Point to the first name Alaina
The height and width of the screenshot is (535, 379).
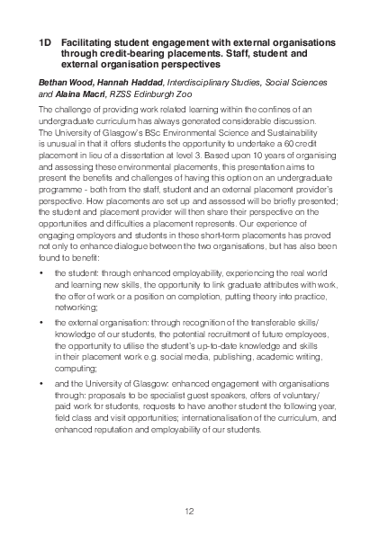click(74, 92)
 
